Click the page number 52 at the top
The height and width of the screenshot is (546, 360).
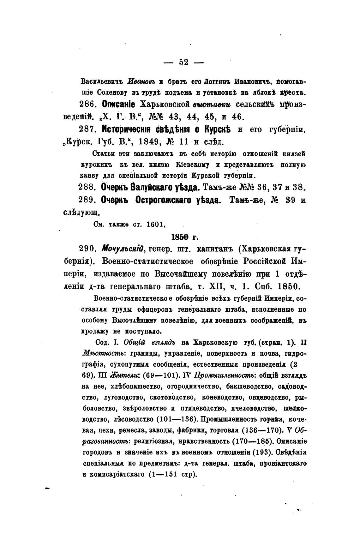point(183,62)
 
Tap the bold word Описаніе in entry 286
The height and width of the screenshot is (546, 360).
point(118,105)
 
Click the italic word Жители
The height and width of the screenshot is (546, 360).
point(124,375)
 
